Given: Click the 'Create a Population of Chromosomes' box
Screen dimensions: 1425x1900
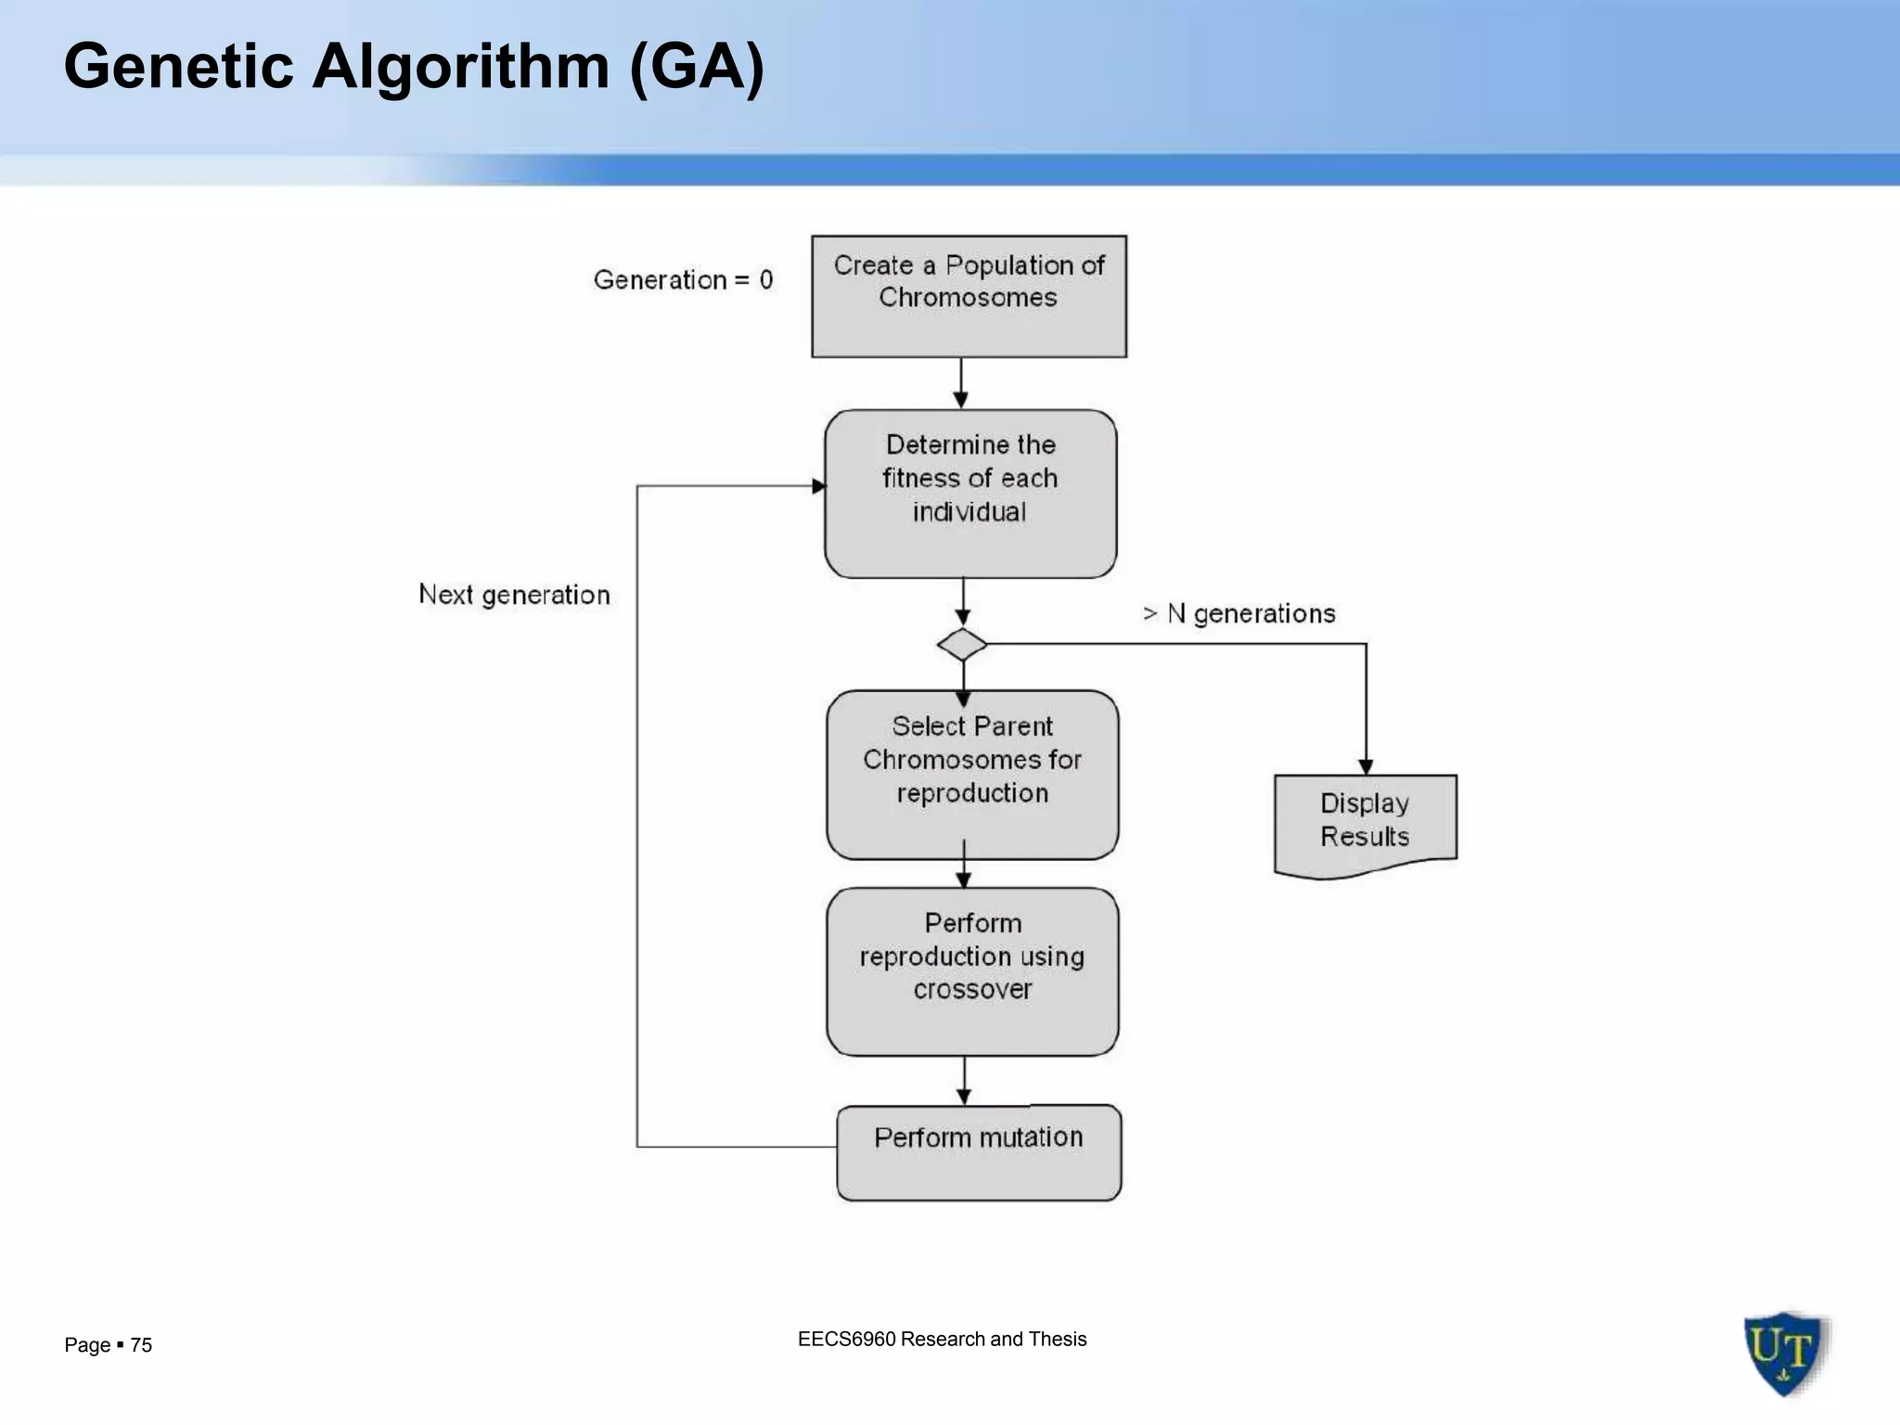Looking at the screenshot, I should (969, 297).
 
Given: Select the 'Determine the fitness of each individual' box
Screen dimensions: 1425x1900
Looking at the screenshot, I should (970, 494).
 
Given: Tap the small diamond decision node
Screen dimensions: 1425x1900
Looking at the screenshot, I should (962, 644).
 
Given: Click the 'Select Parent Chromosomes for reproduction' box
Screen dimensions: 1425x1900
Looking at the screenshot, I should (972, 774).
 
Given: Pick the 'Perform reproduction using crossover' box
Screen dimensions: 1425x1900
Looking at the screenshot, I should (972, 970).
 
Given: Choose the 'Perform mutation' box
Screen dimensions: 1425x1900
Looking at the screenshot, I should (979, 1152).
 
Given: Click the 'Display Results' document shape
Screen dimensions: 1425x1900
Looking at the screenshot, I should (1365, 822).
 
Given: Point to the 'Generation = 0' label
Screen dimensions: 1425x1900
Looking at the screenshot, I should (683, 279).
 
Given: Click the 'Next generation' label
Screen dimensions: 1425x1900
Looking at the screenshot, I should (514, 595).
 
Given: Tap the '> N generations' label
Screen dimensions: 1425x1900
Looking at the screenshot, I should (1239, 613).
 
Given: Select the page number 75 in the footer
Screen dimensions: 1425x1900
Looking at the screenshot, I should (141, 1345).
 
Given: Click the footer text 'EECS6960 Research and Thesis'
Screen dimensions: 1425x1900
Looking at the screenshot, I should (942, 1339).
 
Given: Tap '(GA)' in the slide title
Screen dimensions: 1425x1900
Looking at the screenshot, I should (696, 67).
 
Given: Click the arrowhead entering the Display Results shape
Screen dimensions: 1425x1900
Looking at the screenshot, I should (1366, 766).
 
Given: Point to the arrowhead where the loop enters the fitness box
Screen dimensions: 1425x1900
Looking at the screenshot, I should (818, 486).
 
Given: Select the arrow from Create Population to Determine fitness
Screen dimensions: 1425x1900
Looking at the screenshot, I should (961, 382).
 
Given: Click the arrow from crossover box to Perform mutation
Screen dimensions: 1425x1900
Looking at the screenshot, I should (964, 1080).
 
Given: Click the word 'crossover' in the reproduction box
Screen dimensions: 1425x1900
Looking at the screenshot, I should (972, 990).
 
